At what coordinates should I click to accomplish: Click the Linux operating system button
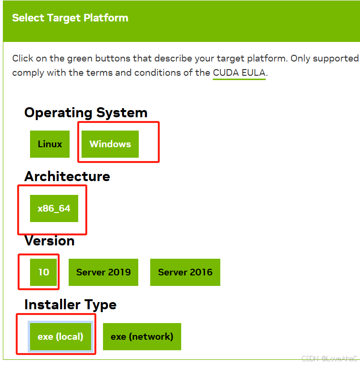(50, 144)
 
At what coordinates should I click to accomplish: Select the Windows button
(110, 144)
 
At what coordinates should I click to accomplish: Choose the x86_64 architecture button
(54, 208)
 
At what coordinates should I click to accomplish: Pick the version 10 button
(43, 272)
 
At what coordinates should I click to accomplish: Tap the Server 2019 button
(103, 272)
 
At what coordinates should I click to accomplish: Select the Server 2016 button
(185, 272)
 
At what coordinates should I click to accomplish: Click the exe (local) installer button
(61, 336)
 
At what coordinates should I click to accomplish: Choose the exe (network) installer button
(142, 336)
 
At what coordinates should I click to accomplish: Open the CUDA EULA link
(239, 73)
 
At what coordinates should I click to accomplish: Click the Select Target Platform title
(70, 18)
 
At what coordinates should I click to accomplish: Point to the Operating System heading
(86, 113)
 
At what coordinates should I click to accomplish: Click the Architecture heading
(67, 176)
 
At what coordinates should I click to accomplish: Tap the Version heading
(50, 241)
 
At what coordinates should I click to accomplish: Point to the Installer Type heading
(71, 304)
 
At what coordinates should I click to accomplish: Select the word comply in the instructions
(26, 73)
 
